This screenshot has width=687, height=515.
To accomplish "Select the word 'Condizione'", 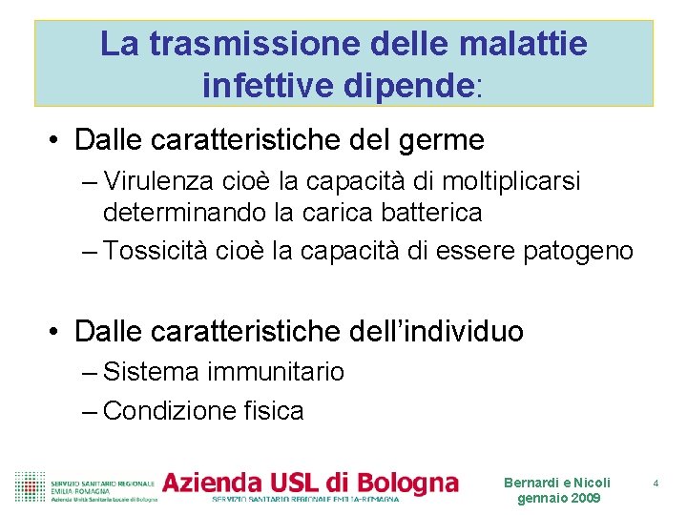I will (163, 411).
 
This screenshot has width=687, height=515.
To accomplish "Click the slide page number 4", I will (656, 484).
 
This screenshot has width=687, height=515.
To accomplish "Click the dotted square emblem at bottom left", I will (30, 485).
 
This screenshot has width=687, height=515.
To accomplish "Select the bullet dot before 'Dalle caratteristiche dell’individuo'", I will (56, 332).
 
